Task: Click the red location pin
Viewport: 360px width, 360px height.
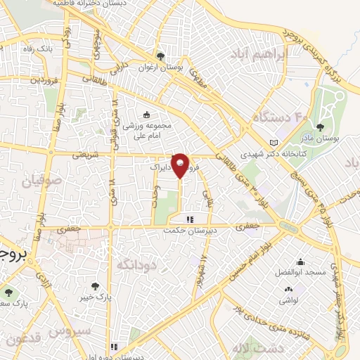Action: [181, 166]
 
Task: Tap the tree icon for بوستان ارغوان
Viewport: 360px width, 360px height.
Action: [161, 55]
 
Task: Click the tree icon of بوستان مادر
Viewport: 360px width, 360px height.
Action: [320, 128]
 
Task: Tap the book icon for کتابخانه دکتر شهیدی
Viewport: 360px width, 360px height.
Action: [274, 143]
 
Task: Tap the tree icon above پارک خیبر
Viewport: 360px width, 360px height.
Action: [95, 286]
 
